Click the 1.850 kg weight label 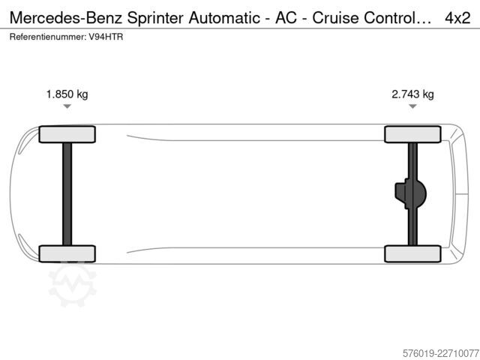point(67,94)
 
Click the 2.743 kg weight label point(412,94)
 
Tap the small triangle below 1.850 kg point(67,106)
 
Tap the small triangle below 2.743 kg point(412,106)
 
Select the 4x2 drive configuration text point(457,18)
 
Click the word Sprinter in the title point(155,18)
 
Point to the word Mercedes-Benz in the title point(66,18)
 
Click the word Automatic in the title point(224,18)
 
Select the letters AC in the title point(286,18)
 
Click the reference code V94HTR point(106,37)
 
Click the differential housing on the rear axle point(410,193)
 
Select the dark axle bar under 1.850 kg point(67,194)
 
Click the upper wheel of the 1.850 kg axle point(67,134)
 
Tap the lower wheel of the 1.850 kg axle point(67,253)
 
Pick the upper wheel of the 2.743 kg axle point(412,134)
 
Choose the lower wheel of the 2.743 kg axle point(412,253)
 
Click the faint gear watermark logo point(73,284)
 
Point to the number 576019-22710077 point(440,353)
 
